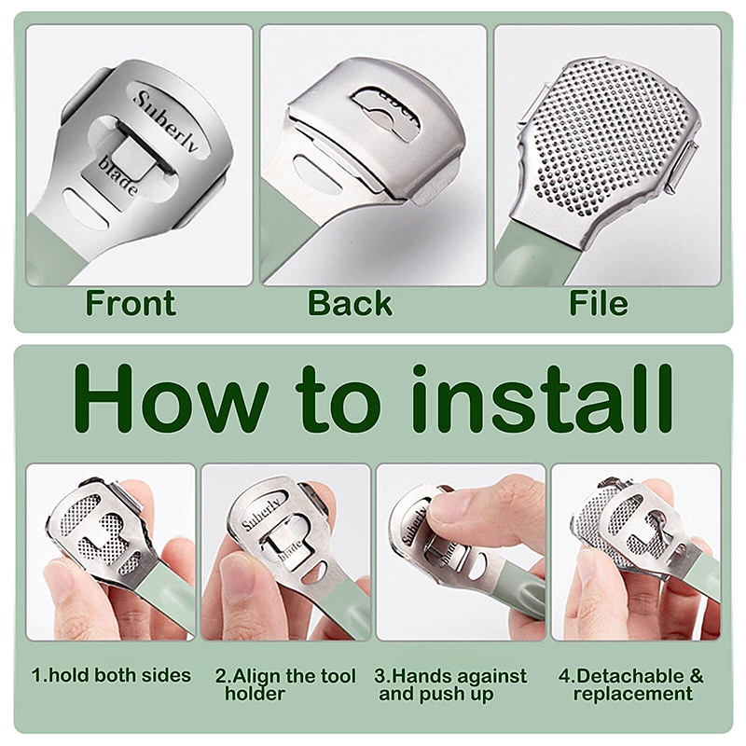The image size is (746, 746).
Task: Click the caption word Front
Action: tap(131, 303)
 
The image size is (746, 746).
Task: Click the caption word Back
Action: tap(351, 303)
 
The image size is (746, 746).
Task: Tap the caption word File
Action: tap(599, 303)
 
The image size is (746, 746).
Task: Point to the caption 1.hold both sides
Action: tap(111, 675)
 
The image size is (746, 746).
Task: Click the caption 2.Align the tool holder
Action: tap(285, 684)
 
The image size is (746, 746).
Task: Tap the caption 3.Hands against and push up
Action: tap(450, 684)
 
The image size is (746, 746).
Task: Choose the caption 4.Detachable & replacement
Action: tap(631, 684)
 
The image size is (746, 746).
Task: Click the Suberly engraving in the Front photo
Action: tap(166, 120)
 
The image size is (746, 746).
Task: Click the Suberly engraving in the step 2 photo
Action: tap(261, 515)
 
